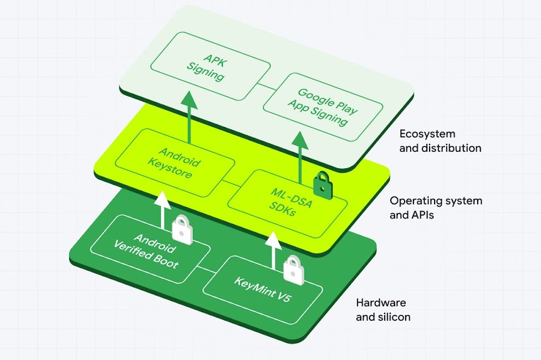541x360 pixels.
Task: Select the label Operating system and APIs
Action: tap(436, 208)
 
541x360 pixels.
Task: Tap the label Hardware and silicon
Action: tap(383, 310)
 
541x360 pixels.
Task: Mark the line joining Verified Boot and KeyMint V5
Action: tap(206, 270)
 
